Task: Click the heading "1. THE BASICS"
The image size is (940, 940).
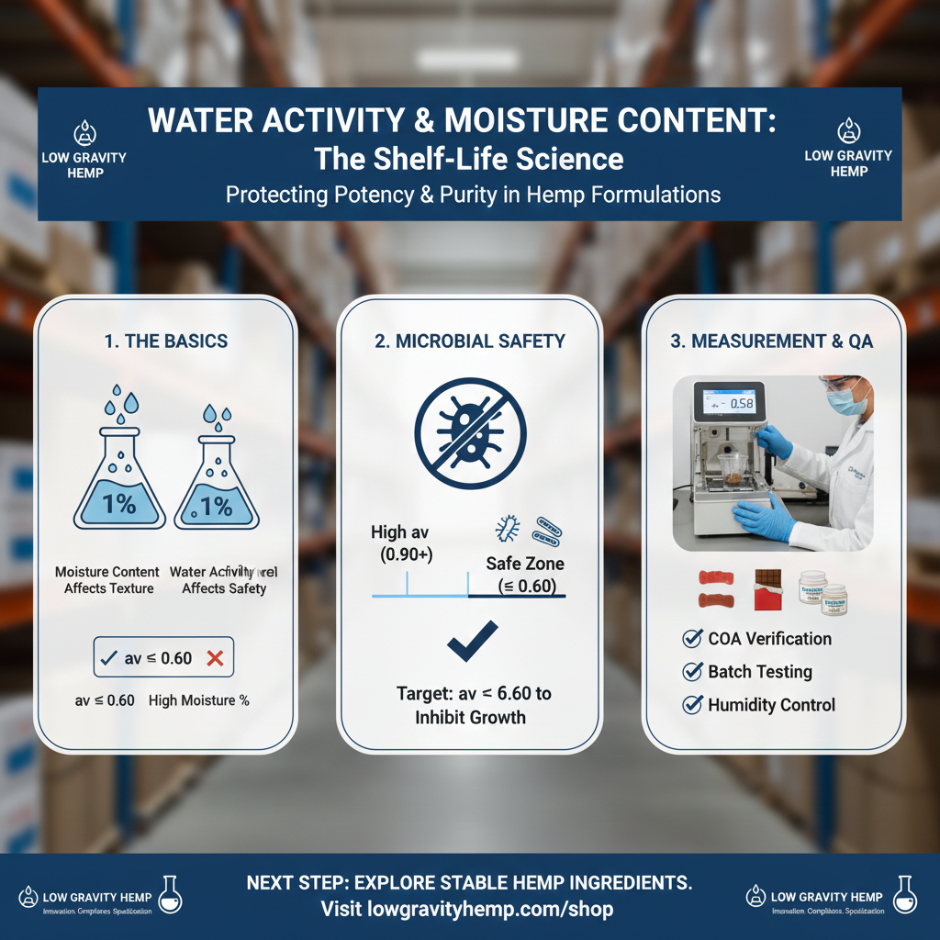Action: pos(165,341)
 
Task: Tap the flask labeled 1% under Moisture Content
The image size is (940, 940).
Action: pos(119,478)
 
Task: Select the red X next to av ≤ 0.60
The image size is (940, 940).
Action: pos(216,657)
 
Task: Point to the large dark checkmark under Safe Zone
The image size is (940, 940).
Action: pos(472,643)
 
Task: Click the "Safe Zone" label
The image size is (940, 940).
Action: pos(525,565)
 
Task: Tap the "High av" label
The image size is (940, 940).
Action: pos(400,532)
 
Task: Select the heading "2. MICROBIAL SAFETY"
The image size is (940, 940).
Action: pos(470,341)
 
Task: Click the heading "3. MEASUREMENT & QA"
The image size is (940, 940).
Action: pos(772,341)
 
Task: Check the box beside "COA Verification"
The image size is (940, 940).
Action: pos(694,639)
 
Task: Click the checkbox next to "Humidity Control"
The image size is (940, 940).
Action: pos(694,705)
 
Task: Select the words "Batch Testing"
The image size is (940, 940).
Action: pos(760,672)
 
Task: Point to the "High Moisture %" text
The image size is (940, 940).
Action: pos(199,700)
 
